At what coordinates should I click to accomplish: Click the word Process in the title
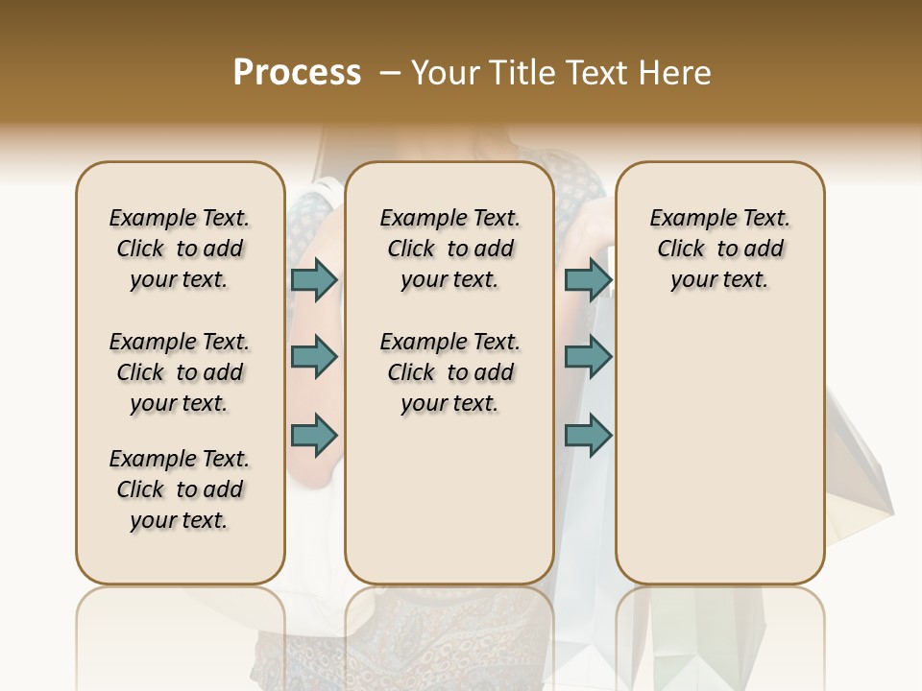(x=297, y=73)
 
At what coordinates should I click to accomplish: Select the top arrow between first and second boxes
(x=314, y=279)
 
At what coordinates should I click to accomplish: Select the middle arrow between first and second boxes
(x=314, y=357)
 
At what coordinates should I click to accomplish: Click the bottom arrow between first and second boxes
(x=314, y=435)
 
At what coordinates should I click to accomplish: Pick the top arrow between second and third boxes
(x=588, y=279)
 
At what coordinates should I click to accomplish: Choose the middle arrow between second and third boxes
(x=588, y=357)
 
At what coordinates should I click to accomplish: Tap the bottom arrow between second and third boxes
(x=588, y=435)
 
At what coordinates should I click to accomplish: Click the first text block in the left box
(x=180, y=249)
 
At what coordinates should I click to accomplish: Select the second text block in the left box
(x=180, y=372)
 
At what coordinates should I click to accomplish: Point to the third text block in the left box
(x=180, y=489)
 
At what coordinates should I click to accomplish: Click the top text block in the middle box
(x=449, y=249)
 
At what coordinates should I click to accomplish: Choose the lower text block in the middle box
(x=449, y=372)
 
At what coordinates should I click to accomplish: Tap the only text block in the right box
(x=719, y=249)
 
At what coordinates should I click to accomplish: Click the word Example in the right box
(x=685, y=219)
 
